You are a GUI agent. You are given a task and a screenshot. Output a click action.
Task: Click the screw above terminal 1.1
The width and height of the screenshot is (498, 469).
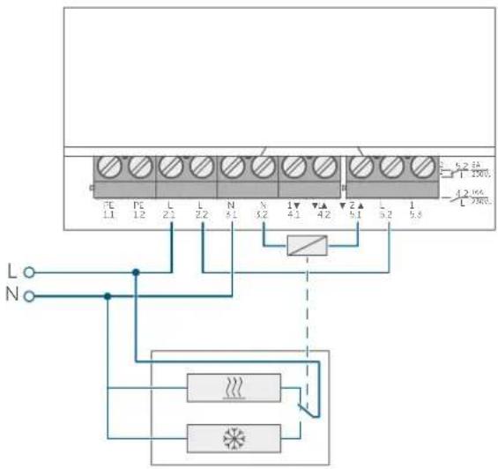tap(108, 164)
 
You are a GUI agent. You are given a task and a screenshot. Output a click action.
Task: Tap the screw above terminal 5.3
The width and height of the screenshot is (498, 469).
tap(420, 164)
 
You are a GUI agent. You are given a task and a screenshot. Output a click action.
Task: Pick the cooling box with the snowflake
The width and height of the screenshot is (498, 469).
tap(234, 435)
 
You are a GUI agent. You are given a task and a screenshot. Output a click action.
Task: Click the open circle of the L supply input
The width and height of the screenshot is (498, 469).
tap(27, 272)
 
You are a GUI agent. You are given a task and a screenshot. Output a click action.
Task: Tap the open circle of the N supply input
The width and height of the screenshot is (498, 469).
tap(27, 296)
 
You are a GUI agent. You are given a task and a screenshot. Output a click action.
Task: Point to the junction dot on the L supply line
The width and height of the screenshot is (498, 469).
tap(136, 272)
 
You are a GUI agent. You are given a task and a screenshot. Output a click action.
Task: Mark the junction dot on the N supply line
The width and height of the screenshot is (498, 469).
tap(107, 296)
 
